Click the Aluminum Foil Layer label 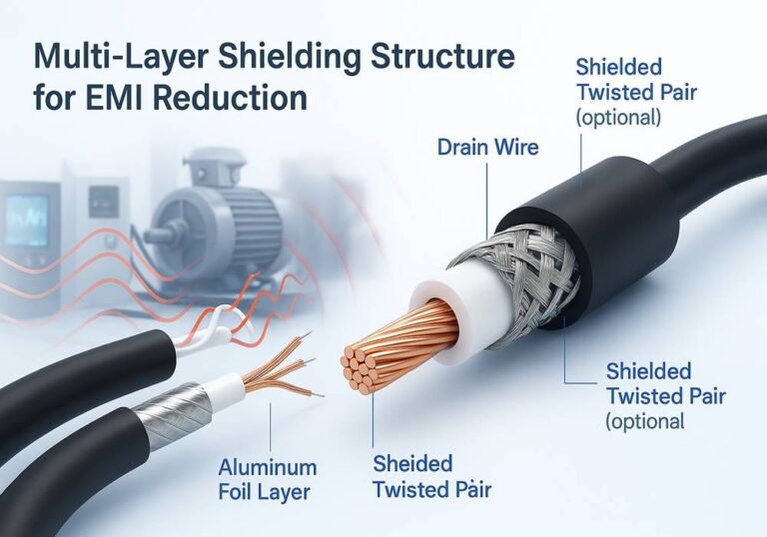(x=267, y=478)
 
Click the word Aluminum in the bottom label (x=267, y=467)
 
